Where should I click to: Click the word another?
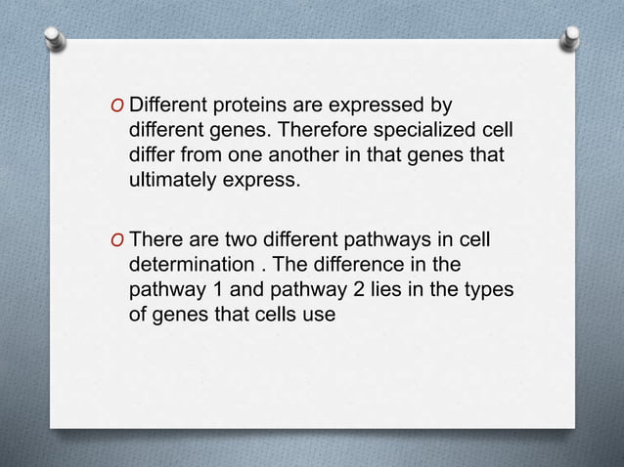[x=303, y=155]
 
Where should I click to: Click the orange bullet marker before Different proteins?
[x=117, y=105]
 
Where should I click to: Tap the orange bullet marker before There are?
[x=117, y=239]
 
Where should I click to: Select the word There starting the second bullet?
[x=156, y=239]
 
